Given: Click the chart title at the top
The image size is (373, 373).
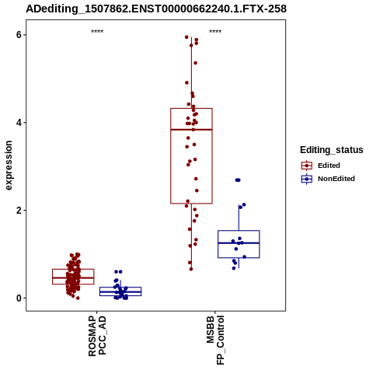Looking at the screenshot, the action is [x=156, y=9].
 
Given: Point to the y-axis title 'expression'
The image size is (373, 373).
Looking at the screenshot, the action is [x=9, y=166].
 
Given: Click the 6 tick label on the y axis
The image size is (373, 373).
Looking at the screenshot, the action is [x=19, y=35].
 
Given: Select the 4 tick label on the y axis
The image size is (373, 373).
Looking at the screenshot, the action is [x=19, y=123].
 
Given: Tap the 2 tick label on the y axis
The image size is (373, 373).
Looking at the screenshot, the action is [x=19, y=211].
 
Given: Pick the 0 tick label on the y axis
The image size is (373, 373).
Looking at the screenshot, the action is [x=19, y=298].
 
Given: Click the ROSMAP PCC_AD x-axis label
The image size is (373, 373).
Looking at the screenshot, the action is [x=97, y=336].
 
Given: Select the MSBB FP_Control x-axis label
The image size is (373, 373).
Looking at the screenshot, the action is [x=215, y=340].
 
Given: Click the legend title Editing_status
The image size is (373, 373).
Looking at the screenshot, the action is [x=332, y=150].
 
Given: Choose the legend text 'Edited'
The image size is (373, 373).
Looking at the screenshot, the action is [x=329, y=166].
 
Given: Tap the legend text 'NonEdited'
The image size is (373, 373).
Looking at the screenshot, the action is [x=336, y=179].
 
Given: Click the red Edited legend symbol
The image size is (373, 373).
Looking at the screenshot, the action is [x=307, y=166].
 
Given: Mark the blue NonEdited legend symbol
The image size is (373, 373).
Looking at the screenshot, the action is [x=307, y=179].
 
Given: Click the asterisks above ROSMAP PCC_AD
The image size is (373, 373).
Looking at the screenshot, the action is [x=97, y=31].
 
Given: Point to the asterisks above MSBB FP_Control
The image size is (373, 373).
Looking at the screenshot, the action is [x=215, y=31].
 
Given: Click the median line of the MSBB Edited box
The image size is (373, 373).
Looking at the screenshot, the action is [x=191, y=130].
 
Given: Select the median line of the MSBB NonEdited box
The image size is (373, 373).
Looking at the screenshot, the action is [x=239, y=243].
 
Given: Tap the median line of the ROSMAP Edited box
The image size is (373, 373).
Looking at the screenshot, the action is [x=73, y=277].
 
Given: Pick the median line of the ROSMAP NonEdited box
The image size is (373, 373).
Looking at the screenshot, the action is [x=120, y=292].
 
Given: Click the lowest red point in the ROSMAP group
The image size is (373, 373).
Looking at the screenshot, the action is [x=78, y=298].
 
